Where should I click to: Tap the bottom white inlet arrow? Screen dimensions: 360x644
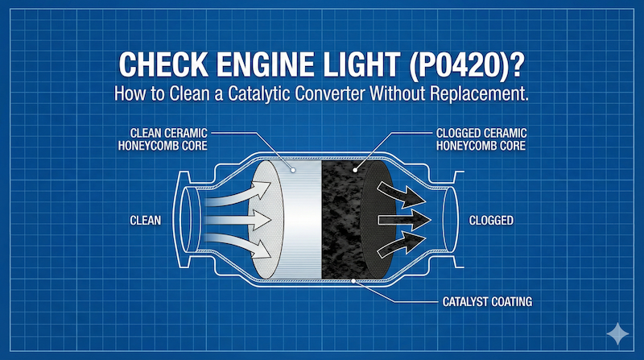tap(241, 246)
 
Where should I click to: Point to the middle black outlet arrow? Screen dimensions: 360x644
tap(406, 219)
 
